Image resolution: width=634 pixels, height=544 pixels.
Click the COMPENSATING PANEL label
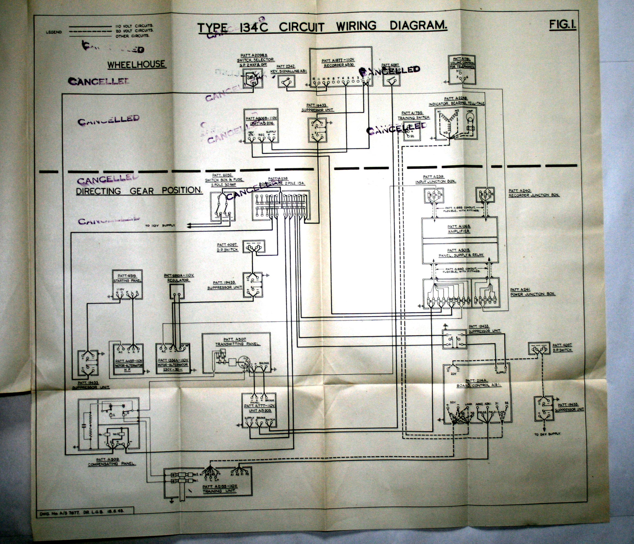pyautogui.click(x=111, y=464)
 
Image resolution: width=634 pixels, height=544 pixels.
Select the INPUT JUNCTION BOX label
pyautogui.click(x=435, y=181)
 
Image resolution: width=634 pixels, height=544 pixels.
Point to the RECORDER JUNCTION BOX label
pyautogui.click(x=534, y=195)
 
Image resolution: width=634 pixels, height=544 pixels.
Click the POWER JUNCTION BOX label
pyautogui.click(x=532, y=294)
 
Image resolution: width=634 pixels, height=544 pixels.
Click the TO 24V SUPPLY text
pyautogui.click(x=547, y=434)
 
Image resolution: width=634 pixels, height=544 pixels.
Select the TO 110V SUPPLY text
pyautogui.click(x=160, y=225)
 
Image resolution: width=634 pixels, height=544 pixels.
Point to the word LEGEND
pyautogui.click(x=54, y=32)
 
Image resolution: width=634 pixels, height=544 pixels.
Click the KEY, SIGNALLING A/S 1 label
pyautogui.click(x=288, y=71)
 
